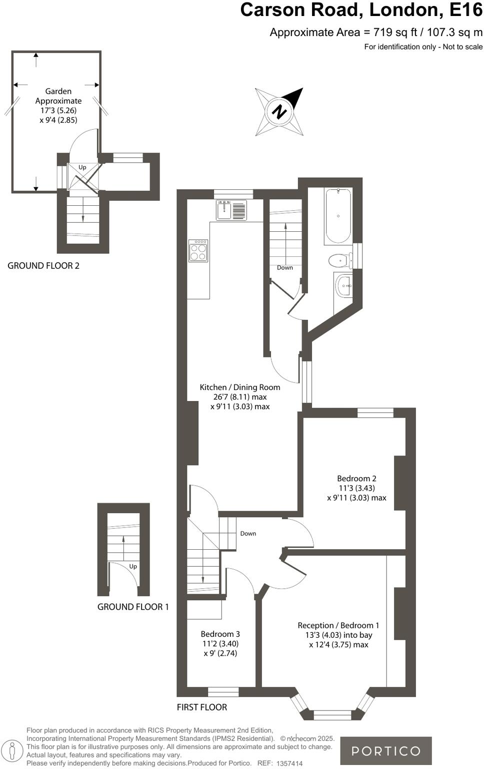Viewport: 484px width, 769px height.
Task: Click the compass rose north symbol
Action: (x=279, y=111)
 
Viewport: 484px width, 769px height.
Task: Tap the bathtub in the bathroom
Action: (x=338, y=216)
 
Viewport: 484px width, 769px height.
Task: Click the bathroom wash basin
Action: (x=344, y=286)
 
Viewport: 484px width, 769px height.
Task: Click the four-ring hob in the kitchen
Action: (x=198, y=251)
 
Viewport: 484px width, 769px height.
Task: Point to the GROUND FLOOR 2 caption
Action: (x=43, y=266)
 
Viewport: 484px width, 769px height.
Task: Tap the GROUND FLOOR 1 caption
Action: (x=133, y=607)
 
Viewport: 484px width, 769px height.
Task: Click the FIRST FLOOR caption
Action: (x=202, y=707)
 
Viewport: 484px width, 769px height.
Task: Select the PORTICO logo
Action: (x=385, y=750)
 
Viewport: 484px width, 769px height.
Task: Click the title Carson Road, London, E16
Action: (x=361, y=10)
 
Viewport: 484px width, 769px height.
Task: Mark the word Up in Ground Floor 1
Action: (x=133, y=566)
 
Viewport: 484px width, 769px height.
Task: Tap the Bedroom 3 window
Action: (x=223, y=692)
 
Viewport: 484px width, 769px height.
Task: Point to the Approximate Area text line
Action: (x=376, y=33)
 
